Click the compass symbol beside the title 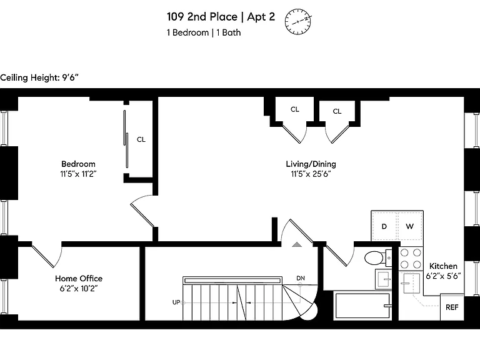(298, 22)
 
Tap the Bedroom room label (78, 164)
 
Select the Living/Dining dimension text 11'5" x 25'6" (311, 174)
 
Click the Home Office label (79, 279)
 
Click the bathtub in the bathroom (363, 306)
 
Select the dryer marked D (384, 226)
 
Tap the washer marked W (410, 226)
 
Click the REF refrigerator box (452, 307)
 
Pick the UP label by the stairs (176, 302)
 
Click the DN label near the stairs (301, 278)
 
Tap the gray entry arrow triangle (297, 244)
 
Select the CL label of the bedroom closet (141, 139)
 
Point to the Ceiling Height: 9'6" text (39, 77)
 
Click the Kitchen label (443, 266)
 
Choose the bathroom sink (383, 279)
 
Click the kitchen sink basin (411, 283)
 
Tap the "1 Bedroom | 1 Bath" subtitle (204, 32)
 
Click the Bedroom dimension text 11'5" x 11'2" (78, 174)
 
